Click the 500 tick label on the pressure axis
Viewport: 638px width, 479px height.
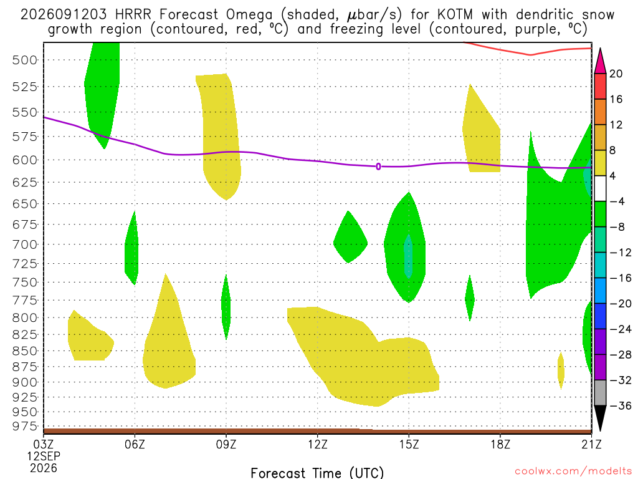point(24,60)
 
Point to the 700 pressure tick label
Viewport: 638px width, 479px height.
point(24,244)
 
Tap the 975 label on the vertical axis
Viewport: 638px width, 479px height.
point(24,426)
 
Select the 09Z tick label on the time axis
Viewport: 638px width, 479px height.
point(226,444)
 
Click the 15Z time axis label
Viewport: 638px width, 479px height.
point(409,444)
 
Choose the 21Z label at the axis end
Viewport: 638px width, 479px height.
point(591,444)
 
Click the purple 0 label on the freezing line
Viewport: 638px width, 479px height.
point(378,167)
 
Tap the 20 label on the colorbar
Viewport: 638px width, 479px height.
point(616,74)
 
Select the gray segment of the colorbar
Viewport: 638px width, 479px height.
point(600,393)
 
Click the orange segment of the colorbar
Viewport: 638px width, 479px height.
point(600,112)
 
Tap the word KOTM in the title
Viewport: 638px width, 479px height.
point(455,15)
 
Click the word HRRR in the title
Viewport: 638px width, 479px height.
point(133,15)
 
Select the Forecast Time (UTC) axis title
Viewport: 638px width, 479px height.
point(317,473)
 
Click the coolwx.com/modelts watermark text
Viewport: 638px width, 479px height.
point(573,472)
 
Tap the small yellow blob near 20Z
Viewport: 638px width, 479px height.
point(561,370)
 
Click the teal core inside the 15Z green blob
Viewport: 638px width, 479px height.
point(408,256)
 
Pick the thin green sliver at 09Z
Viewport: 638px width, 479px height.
point(226,307)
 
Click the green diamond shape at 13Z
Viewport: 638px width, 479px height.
point(350,237)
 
